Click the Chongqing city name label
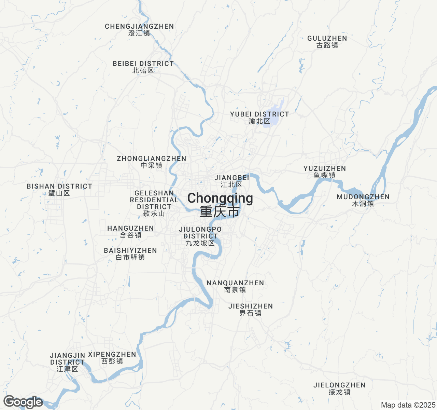(x=220, y=204)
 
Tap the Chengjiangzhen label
(x=139, y=30)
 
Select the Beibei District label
(x=143, y=67)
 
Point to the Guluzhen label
(x=327, y=42)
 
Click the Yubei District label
(x=259, y=118)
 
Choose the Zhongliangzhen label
(x=152, y=162)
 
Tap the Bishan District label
(x=59, y=190)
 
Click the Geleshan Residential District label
(x=154, y=203)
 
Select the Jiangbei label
(x=232, y=181)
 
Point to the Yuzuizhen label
(x=325, y=172)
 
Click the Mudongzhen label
(x=363, y=200)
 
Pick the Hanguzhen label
(x=131, y=232)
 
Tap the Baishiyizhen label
(x=130, y=254)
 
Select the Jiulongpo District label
(x=200, y=236)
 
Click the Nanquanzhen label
(x=235, y=286)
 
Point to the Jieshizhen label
(x=251, y=310)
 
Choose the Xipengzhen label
(x=112, y=358)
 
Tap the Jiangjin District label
(x=68, y=362)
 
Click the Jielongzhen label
(x=339, y=388)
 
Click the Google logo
(x=23, y=402)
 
